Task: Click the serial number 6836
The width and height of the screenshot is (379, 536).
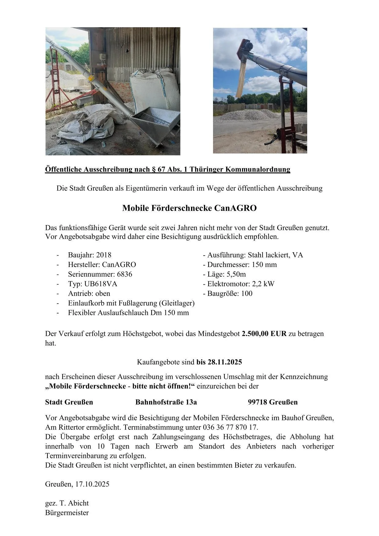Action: coord(124,274)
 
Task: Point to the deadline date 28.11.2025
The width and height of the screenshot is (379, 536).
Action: coord(225,362)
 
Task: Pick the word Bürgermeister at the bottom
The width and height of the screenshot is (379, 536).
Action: coord(67,512)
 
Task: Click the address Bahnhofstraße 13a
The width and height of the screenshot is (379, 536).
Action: coord(166,402)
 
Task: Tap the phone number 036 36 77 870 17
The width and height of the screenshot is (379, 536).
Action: coord(230,427)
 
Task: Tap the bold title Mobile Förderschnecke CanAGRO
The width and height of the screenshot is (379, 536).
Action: coord(189,208)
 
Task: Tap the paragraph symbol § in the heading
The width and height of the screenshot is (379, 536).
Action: coord(153,169)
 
